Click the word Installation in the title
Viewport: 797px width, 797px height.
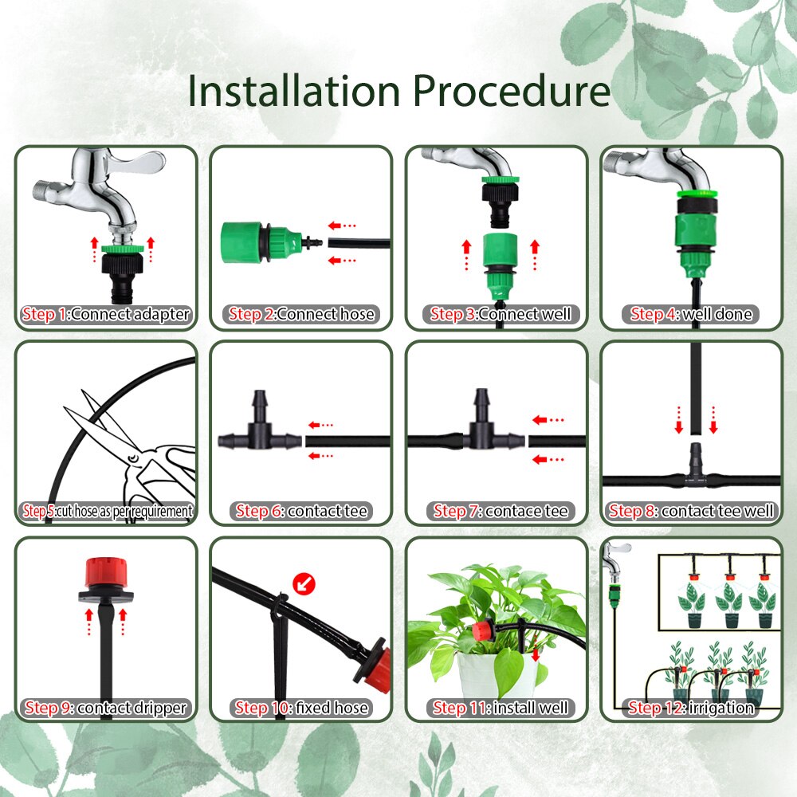[x=292, y=90]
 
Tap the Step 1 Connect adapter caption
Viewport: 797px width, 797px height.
[x=106, y=314]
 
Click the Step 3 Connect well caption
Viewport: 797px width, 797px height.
[x=501, y=314]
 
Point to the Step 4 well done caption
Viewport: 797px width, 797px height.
[x=691, y=314]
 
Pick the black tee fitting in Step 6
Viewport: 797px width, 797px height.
[x=257, y=430]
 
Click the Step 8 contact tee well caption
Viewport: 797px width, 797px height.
[x=691, y=511]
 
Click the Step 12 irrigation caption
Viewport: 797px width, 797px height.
[x=691, y=708]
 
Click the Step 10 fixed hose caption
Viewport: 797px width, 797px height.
[x=301, y=708]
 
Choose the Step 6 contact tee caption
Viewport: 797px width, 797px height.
[x=301, y=511]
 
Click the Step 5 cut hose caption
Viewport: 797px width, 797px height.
[x=106, y=511]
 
